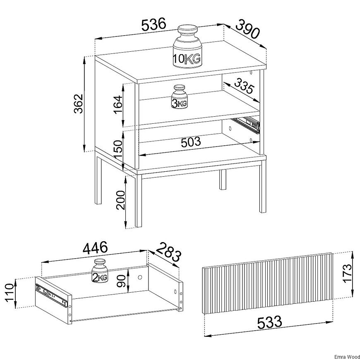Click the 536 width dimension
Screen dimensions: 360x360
154,24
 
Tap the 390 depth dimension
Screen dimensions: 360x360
247,29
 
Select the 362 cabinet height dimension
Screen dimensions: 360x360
79,103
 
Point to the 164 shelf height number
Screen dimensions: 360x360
118,104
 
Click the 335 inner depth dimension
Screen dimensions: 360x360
244,86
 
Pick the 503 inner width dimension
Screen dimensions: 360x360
191,142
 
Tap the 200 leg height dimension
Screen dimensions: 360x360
120,200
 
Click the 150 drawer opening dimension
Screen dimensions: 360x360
118,149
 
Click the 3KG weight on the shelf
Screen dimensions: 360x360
180,97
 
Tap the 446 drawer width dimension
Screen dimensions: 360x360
95,248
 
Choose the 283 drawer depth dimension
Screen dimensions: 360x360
169,252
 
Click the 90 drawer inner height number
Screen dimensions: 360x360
122,281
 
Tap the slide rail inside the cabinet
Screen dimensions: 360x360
246,125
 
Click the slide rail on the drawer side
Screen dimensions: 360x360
52,296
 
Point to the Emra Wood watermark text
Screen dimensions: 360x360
347,357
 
